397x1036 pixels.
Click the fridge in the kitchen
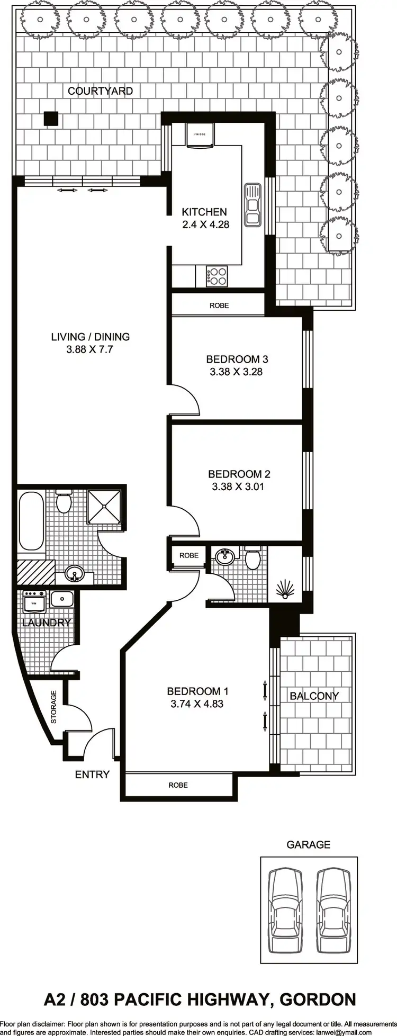click(x=200, y=134)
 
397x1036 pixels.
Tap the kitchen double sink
click(x=252, y=204)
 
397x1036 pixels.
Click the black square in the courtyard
click(x=50, y=119)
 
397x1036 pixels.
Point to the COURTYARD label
click(x=100, y=91)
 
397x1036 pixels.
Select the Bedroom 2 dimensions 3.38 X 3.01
click(x=238, y=487)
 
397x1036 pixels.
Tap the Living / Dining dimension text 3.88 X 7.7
click(x=90, y=349)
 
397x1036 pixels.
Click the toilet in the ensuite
click(x=252, y=558)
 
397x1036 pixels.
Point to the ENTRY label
click(x=92, y=774)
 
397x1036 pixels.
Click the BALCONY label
click(x=314, y=696)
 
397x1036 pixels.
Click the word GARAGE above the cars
click(x=309, y=845)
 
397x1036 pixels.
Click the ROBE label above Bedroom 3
click(x=219, y=305)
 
